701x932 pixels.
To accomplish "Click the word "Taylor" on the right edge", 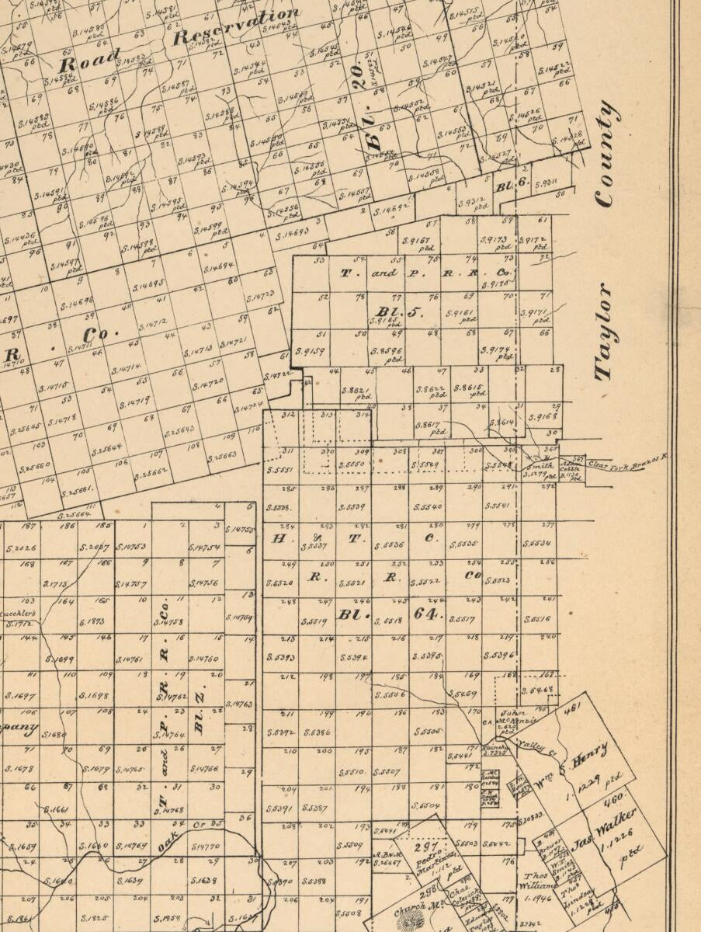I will click(606, 332).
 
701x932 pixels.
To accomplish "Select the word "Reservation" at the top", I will click(237, 26).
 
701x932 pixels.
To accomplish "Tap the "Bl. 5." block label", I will click(400, 312).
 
